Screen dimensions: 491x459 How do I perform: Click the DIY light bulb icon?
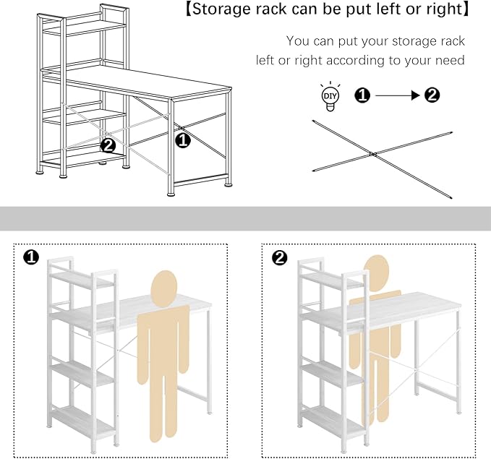point(330,97)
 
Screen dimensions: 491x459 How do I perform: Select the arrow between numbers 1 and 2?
point(397,95)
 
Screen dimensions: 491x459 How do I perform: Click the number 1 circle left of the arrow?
point(362,95)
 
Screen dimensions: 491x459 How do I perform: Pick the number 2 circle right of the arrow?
point(432,95)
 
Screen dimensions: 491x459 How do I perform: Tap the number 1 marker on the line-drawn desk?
point(182,140)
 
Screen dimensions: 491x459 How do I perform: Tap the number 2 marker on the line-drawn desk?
point(108,145)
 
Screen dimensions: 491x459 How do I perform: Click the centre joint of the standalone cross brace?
point(372,154)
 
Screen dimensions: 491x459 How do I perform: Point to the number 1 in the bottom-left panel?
point(31,257)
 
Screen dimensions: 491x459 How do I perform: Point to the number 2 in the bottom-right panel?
point(280,257)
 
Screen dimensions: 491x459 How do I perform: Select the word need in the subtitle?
point(450,60)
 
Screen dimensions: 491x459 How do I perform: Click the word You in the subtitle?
point(298,41)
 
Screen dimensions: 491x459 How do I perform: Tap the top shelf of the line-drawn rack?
point(85,27)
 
